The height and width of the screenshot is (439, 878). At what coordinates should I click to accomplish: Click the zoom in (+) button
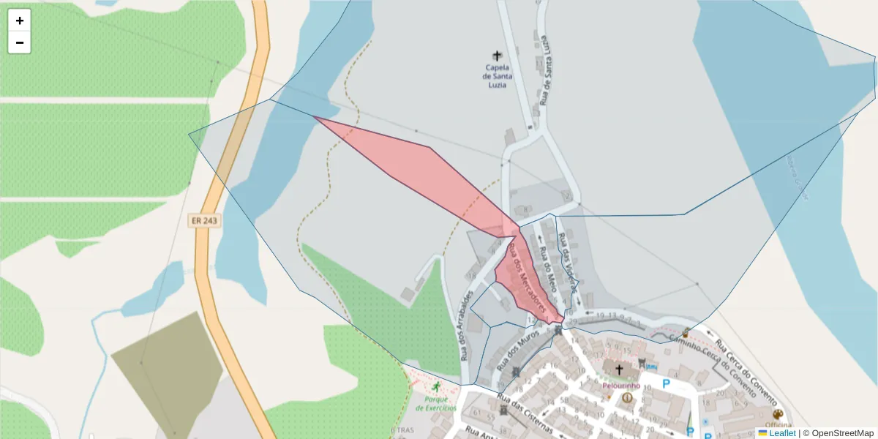click(20, 20)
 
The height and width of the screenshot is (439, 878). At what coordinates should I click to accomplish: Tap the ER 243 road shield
click(204, 220)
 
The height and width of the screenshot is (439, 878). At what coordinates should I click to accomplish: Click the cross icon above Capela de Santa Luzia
click(498, 56)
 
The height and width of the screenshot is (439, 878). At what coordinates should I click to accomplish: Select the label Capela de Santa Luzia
click(498, 76)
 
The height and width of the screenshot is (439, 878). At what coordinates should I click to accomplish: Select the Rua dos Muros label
click(517, 348)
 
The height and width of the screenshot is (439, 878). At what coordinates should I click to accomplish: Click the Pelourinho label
click(621, 386)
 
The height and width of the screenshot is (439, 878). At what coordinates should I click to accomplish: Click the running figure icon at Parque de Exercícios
click(437, 386)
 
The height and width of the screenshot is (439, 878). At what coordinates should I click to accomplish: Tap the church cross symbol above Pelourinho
click(619, 369)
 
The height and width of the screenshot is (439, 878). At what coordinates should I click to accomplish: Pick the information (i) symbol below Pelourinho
click(627, 398)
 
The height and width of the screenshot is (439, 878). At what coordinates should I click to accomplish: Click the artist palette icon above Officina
click(777, 414)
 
